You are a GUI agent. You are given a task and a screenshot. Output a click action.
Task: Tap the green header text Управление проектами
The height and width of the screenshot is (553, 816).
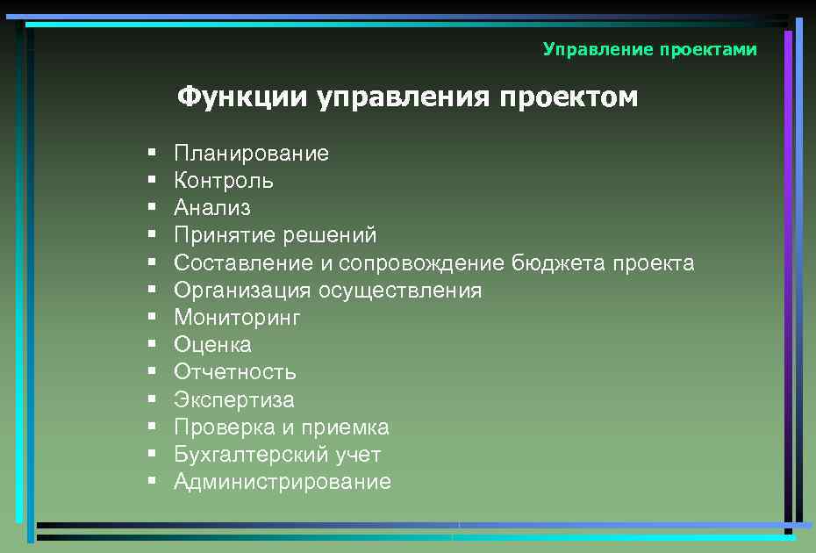tap(649, 49)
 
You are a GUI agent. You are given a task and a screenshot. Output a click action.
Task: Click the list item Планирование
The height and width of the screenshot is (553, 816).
tap(251, 154)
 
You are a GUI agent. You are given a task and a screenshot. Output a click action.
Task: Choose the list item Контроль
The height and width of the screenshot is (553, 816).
tap(223, 181)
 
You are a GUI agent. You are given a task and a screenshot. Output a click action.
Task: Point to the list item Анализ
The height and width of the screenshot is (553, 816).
tap(211, 208)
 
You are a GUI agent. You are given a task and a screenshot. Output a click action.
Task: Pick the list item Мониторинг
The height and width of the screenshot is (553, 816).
tap(237, 318)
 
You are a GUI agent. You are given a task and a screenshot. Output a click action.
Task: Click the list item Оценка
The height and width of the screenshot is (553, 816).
tap(212, 345)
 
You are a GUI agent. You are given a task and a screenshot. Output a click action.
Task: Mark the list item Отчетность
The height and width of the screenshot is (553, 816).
tap(234, 372)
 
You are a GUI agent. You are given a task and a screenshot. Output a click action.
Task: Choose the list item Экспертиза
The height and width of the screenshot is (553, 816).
tap(233, 400)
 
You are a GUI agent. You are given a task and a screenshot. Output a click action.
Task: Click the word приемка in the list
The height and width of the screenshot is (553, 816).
tap(346, 427)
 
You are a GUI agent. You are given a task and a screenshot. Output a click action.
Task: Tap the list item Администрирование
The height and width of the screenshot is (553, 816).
tap(282, 482)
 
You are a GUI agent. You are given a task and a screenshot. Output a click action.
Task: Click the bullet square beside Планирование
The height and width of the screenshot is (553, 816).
tap(152, 153)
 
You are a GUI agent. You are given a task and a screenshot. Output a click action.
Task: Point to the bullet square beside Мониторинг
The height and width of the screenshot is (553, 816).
tap(152, 317)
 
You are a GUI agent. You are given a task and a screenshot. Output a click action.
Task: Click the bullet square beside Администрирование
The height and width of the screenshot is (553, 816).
tap(152, 481)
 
